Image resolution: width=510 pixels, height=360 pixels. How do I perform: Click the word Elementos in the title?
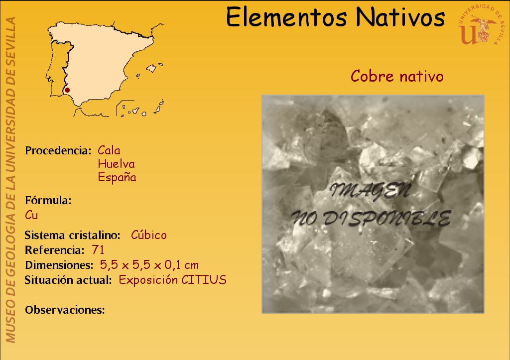pyautogui.click(x=286, y=17)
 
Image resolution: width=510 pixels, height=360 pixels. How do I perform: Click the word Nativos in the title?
pyautogui.click(x=400, y=17)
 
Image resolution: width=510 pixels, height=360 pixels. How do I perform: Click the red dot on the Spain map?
pyautogui.click(x=67, y=90)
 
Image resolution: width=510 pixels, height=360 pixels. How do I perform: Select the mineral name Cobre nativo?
pyautogui.click(x=397, y=76)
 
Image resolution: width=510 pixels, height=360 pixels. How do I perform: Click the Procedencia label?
pyautogui.click(x=58, y=150)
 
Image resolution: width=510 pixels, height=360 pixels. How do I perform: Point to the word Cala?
pyautogui.click(x=109, y=150)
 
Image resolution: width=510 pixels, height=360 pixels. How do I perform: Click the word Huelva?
pyautogui.click(x=116, y=164)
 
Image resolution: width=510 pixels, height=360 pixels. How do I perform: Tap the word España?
pyautogui.click(x=117, y=177)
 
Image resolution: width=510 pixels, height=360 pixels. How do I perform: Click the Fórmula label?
pyautogui.click(x=48, y=200)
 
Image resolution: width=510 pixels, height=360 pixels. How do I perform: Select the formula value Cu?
pyautogui.click(x=31, y=215)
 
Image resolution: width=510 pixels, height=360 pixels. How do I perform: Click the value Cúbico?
pyautogui.click(x=148, y=235)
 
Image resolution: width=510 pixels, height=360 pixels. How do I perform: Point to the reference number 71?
pyautogui.click(x=98, y=250)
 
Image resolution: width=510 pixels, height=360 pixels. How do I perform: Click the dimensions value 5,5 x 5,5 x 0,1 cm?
pyautogui.click(x=149, y=265)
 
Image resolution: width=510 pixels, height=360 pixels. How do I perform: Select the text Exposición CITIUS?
pyautogui.click(x=172, y=280)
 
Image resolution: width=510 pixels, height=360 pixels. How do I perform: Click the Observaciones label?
pyautogui.click(x=65, y=310)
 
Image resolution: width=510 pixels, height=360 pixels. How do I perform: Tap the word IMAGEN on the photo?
pyautogui.click(x=371, y=191)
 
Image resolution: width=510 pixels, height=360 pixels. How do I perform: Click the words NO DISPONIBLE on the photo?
pyautogui.click(x=371, y=218)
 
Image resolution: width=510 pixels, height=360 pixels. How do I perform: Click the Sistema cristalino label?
pyautogui.click(x=73, y=235)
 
